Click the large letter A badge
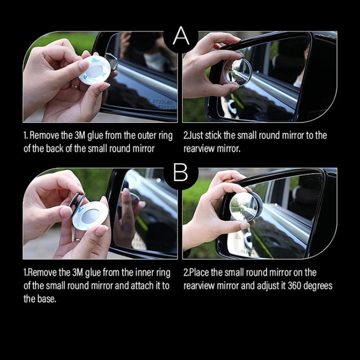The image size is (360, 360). [181, 36]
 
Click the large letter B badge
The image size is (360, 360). [181, 172]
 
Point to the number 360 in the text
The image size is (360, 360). [295, 286]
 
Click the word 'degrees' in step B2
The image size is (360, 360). [318, 286]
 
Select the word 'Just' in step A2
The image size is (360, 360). [195, 135]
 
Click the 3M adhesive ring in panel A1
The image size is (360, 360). [94, 70]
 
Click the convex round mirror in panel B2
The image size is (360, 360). [244, 207]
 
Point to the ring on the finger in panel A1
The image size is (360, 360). [75, 87]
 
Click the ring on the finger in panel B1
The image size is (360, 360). [77, 240]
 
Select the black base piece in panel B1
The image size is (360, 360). [77, 202]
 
